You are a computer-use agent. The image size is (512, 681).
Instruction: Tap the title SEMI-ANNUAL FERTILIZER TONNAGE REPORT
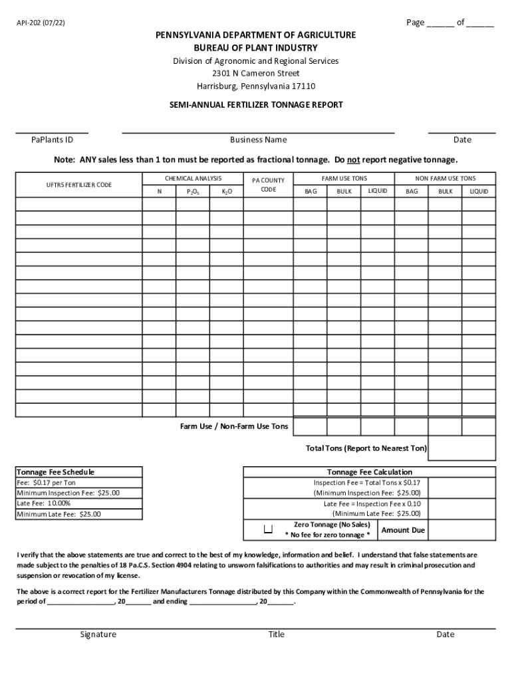[x=255, y=104]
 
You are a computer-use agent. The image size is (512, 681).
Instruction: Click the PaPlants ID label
[x=52, y=140]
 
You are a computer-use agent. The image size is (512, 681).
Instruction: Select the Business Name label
[x=258, y=140]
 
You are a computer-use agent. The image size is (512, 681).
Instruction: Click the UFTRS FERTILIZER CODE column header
[x=78, y=184]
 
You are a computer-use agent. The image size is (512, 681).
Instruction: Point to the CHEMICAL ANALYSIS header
[x=193, y=178]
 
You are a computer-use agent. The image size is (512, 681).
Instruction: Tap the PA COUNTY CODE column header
[x=268, y=184]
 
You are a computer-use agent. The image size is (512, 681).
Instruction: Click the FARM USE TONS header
[x=344, y=178]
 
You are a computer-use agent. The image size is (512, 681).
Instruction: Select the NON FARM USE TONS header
[x=445, y=178]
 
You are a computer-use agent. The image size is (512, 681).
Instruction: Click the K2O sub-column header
[x=227, y=192]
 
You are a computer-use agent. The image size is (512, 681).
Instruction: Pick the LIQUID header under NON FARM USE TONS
[x=479, y=192]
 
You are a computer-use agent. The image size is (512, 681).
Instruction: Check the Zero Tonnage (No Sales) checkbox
[x=269, y=529]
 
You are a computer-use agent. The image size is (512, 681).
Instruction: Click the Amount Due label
[x=403, y=530]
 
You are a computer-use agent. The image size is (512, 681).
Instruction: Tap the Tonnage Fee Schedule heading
[x=55, y=472]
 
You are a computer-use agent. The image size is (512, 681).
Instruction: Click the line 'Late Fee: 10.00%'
[x=44, y=503]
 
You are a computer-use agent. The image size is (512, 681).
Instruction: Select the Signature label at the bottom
[x=98, y=634]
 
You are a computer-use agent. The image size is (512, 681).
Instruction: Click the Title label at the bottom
[x=276, y=634]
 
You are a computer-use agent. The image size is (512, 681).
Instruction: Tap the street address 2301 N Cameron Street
[x=255, y=73]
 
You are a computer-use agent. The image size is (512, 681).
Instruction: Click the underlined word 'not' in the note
[x=353, y=160]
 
